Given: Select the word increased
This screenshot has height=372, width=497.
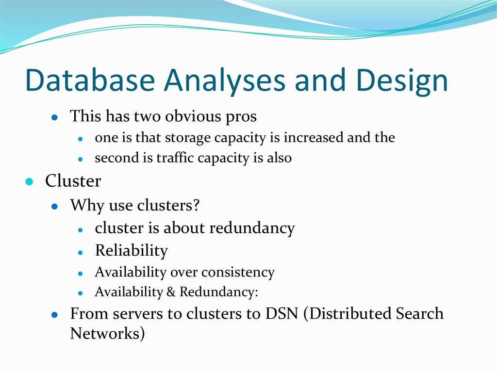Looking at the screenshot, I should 314,138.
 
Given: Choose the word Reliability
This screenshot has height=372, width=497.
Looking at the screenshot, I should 131,251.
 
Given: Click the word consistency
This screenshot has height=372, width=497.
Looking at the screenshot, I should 238,273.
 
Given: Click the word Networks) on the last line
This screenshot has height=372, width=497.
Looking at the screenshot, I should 107,334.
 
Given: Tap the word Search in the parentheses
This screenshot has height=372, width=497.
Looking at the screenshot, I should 418,313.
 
